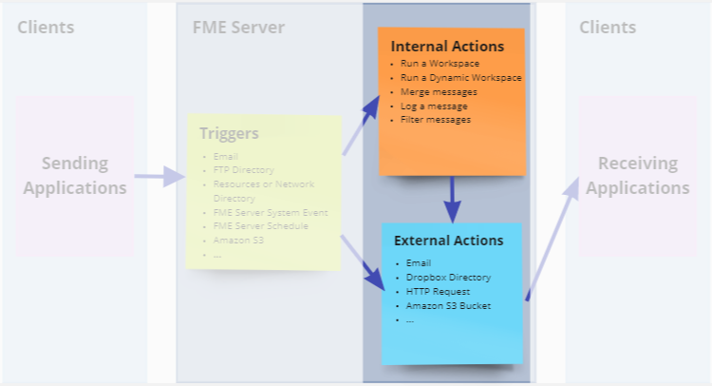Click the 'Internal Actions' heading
point(448,46)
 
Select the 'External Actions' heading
point(449,241)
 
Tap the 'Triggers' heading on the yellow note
point(229,133)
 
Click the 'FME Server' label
point(232,27)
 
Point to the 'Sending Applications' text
point(75,175)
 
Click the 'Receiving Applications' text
point(637,175)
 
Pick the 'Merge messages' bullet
point(439,91)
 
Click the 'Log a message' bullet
point(435,106)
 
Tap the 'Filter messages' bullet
point(436,120)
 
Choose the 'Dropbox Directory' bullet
point(448,277)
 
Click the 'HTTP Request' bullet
point(438,291)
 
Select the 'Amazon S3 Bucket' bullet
point(447,305)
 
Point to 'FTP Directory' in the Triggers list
point(244,170)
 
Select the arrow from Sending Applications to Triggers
point(159,176)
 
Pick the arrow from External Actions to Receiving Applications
point(551,238)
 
